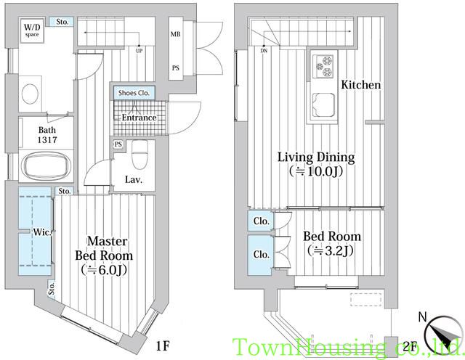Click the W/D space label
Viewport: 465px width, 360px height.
point(32,30)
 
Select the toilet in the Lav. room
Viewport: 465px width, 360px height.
point(139,154)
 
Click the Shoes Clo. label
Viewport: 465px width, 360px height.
point(134,93)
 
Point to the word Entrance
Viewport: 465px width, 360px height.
point(139,118)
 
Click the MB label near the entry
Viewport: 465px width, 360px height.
point(175,34)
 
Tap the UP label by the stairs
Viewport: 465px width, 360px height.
point(139,51)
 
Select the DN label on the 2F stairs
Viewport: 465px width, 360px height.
point(264,51)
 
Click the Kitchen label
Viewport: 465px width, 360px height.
point(361,85)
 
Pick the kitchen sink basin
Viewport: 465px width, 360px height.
point(323,105)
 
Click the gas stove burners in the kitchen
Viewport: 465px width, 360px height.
point(323,66)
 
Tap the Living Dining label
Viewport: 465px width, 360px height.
point(316,157)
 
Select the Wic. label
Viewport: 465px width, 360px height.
point(42,232)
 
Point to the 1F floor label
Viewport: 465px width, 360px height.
point(163,345)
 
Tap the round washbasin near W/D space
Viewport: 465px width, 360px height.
point(30,94)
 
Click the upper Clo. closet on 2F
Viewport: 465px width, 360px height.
point(261,221)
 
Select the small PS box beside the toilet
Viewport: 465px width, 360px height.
point(118,144)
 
